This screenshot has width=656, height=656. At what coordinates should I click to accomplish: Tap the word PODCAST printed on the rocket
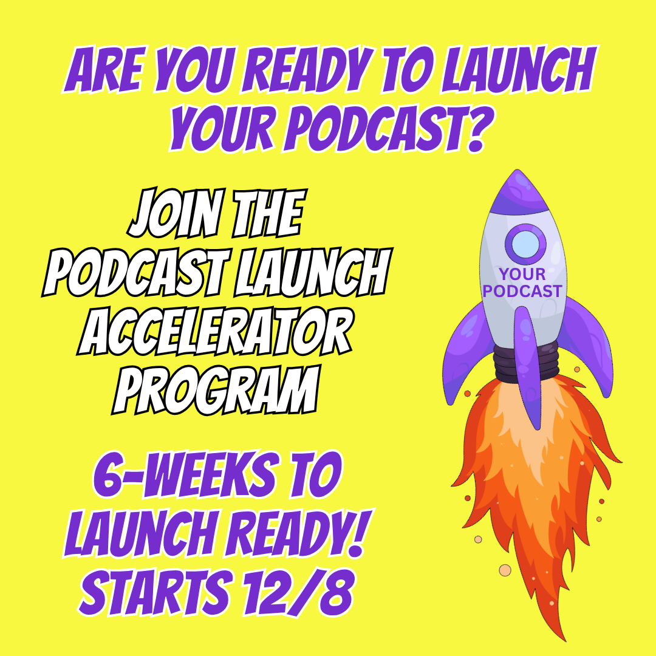click(522, 292)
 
